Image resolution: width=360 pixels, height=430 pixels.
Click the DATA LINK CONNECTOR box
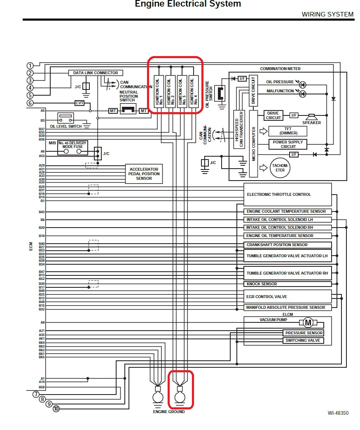click(96, 73)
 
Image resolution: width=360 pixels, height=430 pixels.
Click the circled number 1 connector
click(30, 66)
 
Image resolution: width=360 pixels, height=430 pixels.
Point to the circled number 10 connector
click(56, 409)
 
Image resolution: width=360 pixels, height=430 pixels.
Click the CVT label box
click(79, 103)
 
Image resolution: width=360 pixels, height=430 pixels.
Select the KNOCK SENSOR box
click(288, 284)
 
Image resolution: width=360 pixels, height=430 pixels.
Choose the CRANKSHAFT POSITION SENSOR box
click(288, 245)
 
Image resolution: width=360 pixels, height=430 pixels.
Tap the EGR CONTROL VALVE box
click(288, 297)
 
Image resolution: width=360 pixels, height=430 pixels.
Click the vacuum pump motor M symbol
click(308, 322)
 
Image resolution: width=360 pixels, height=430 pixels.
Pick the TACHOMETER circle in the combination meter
click(281, 168)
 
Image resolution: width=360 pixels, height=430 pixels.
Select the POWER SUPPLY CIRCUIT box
click(288, 144)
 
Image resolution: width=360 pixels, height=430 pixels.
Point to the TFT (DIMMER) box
click(288, 131)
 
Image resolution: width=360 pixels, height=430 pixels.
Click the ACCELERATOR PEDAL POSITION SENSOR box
click(144, 174)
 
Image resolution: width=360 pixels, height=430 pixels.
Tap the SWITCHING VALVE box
click(302, 341)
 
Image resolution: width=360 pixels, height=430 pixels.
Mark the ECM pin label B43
click(42, 212)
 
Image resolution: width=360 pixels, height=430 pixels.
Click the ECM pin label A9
click(42, 322)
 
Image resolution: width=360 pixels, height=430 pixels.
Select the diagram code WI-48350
click(338, 413)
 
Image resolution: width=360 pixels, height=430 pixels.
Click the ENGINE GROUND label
click(169, 412)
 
